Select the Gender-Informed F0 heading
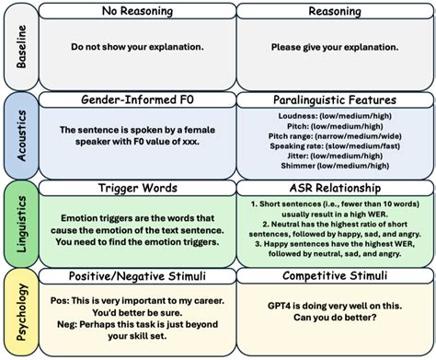(x=136, y=99)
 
